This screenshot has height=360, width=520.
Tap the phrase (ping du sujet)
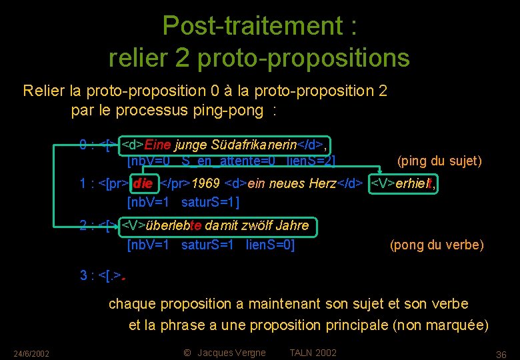click(439, 161)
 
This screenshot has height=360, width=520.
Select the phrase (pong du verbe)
click(437, 245)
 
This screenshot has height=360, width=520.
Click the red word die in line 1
click(143, 183)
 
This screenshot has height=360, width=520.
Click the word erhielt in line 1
click(415, 183)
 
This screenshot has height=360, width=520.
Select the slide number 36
click(501, 353)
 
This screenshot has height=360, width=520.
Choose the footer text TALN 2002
click(313, 353)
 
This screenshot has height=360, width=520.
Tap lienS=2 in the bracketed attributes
click(311, 161)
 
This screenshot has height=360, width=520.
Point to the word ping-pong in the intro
click(233, 111)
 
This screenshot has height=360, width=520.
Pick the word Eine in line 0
click(157, 144)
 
